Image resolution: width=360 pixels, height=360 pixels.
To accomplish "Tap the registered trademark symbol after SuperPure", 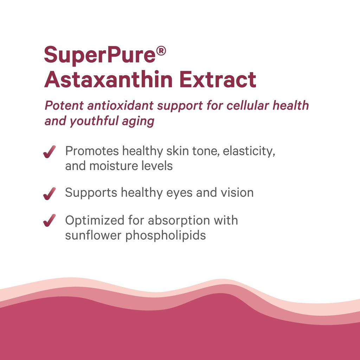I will tap(161, 52).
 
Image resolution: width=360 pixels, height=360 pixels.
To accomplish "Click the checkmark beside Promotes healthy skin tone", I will tap(49, 152).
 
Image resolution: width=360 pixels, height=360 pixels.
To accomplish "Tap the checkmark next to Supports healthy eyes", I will tap(49, 193).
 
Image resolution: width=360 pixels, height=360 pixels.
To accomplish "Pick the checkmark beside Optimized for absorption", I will tap(49, 221).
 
